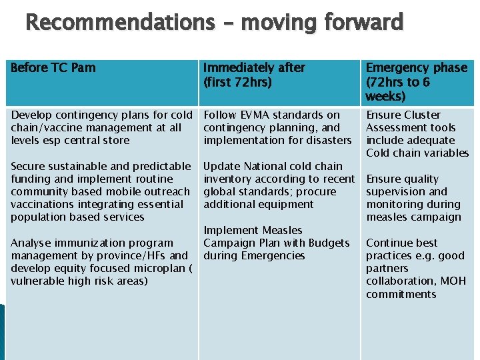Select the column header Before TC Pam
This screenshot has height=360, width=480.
pyautogui.click(x=53, y=68)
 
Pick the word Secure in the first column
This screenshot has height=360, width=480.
pyautogui.click(x=29, y=166)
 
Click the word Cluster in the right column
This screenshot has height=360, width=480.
pyautogui.click(x=423, y=115)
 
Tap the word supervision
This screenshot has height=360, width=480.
pyautogui.click(x=397, y=191)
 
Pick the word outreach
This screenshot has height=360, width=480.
pyautogui.click(x=169, y=191)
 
